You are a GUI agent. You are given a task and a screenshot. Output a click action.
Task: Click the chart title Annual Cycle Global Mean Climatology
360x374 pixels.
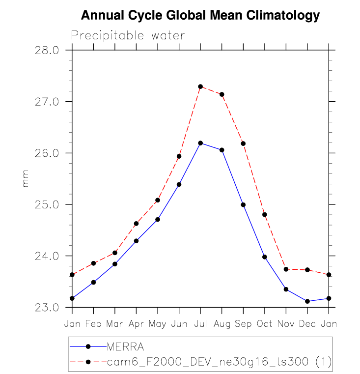[x=200, y=16]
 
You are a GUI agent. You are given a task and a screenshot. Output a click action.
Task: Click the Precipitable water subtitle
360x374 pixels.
[x=128, y=36]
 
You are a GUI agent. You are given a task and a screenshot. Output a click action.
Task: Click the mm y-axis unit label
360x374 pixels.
[x=26, y=179]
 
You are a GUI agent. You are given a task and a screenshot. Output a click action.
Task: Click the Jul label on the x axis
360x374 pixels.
[x=200, y=324]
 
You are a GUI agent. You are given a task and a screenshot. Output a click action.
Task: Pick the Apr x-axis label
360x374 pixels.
[x=136, y=324]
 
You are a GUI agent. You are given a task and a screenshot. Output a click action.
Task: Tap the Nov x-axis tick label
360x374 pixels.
[x=286, y=324]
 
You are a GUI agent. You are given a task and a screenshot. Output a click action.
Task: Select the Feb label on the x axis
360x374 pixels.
[x=93, y=324]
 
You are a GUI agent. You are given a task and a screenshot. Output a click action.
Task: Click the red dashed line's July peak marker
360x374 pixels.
[x=200, y=86]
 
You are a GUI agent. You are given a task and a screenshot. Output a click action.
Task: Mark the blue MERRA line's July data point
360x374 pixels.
[x=200, y=143]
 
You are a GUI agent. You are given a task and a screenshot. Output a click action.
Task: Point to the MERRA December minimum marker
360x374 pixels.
[x=307, y=301]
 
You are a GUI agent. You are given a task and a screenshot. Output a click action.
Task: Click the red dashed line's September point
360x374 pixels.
[x=243, y=144]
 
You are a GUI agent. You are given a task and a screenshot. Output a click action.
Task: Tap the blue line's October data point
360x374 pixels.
[x=265, y=257]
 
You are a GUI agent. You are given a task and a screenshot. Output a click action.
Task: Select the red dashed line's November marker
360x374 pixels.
[x=286, y=269]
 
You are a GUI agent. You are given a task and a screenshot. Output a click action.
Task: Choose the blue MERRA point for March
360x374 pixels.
[x=115, y=264]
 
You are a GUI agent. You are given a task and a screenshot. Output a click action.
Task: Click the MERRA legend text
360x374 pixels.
[x=125, y=346]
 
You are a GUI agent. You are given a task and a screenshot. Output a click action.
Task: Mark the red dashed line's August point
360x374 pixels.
[x=222, y=94]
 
